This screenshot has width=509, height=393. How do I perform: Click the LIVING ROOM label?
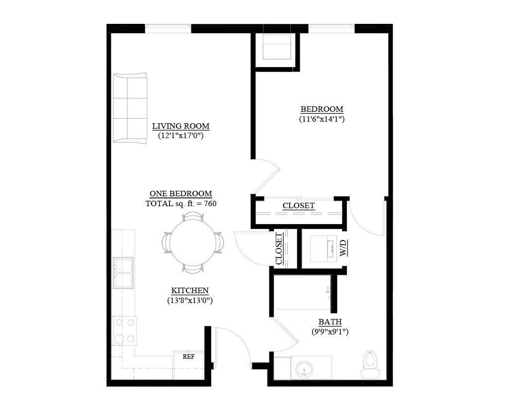[x=181, y=126]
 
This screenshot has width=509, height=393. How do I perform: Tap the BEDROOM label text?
[x=322, y=109]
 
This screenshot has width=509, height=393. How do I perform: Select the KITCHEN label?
[x=190, y=291]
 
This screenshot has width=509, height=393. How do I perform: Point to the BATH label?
[x=330, y=322]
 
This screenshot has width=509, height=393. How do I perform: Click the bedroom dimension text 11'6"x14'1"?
[x=322, y=119]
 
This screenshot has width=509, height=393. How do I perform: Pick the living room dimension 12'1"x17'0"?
[x=181, y=136]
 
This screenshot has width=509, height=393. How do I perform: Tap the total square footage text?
[x=181, y=204]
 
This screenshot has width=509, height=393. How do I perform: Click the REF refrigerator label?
[x=188, y=357]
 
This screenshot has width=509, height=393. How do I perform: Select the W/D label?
[x=343, y=248]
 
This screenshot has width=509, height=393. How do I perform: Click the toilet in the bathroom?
[x=369, y=364]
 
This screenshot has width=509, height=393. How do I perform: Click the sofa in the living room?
[x=130, y=108]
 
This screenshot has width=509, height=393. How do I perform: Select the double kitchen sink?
[x=123, y=273]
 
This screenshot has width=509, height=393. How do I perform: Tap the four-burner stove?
[x=125, y=331]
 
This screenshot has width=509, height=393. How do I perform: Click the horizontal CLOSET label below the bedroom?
[x=299, y=206]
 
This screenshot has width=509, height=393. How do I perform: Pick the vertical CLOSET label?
[x=279, y=248]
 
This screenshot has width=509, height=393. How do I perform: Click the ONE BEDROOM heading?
[x=181, y=194]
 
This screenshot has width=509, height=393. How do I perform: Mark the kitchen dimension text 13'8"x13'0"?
[x=190, y=301]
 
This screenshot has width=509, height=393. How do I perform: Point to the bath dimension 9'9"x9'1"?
[x=330, y=332]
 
